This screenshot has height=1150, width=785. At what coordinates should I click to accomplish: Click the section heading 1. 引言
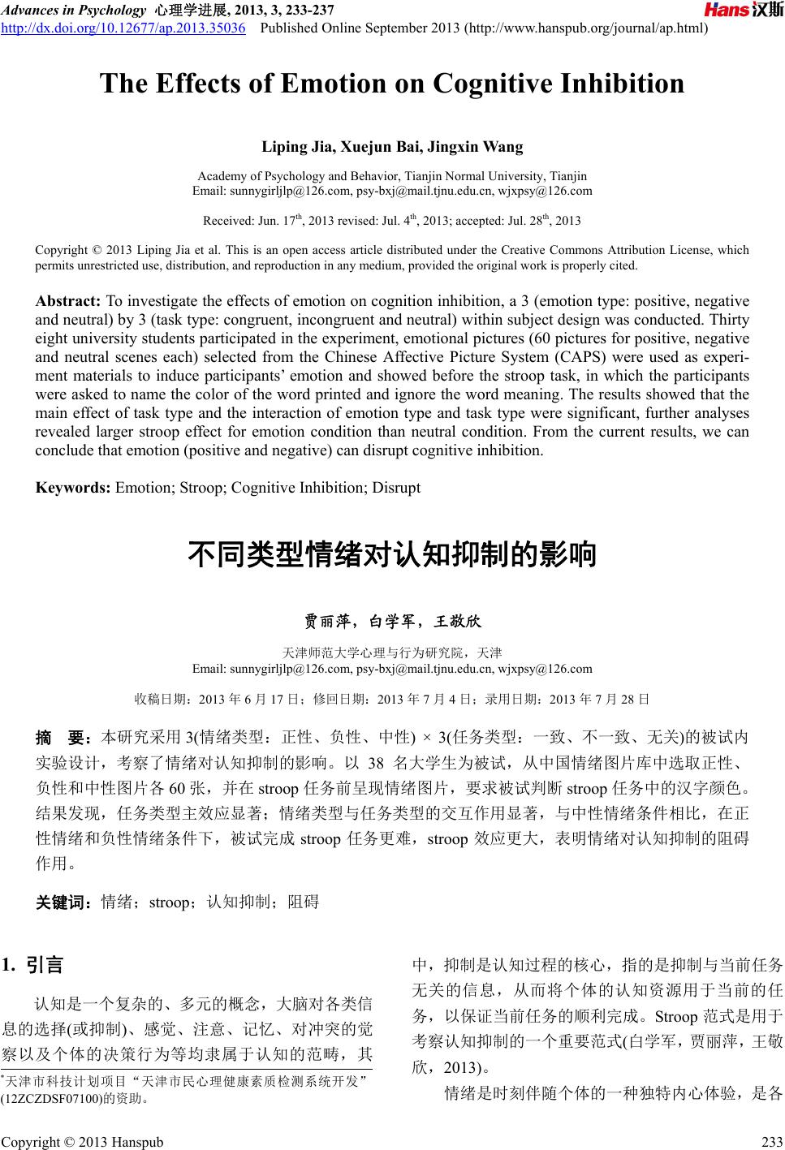[x=33, y=965]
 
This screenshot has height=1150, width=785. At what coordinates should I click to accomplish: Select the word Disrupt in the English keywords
[x=396, y=488]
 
